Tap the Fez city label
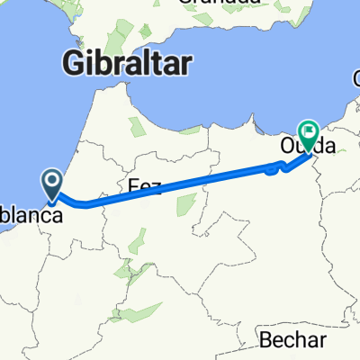pyautogui.click(x=144, y=187)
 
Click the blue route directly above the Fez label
pyautogui.click(x=144, y=197)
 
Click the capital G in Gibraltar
pyautogui.click(x=73, y=62)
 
